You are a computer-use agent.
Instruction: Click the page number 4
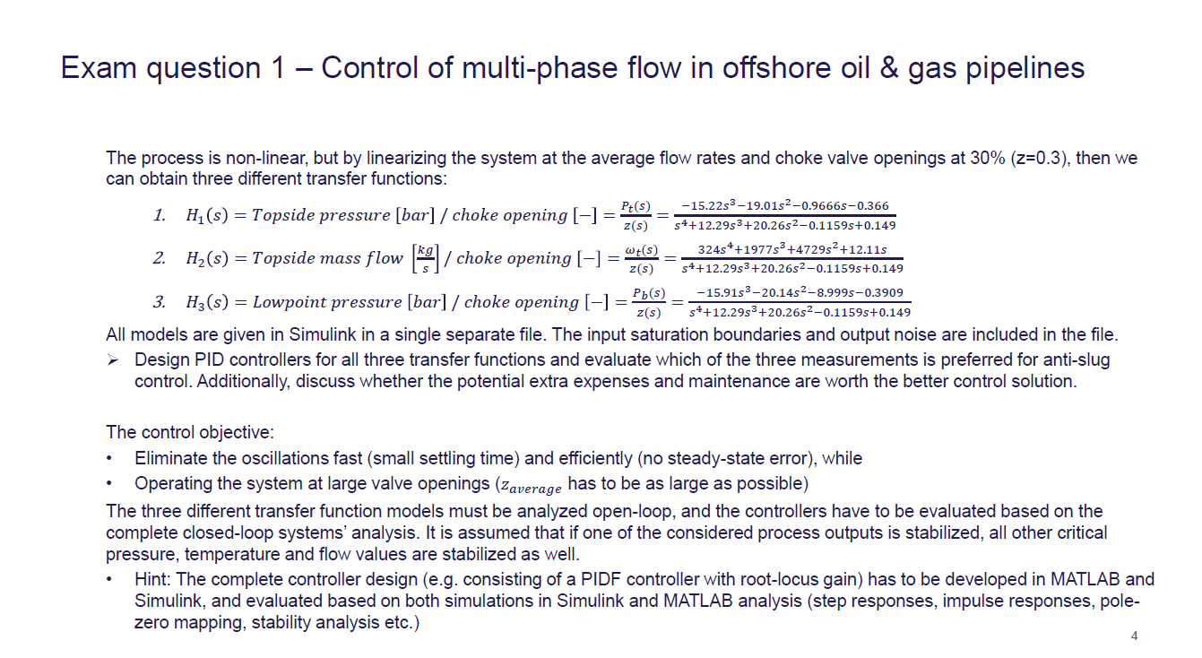(x=1135, y=636)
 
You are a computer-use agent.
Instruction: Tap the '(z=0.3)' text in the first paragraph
(x=1033, y=159)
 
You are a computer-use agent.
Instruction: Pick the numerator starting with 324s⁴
(x=791, y=249)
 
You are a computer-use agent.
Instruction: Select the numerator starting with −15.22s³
(x=784, y=205)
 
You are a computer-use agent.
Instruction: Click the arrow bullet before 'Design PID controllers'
(x=113, y=360)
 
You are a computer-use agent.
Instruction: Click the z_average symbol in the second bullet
(x=530, y=486)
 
